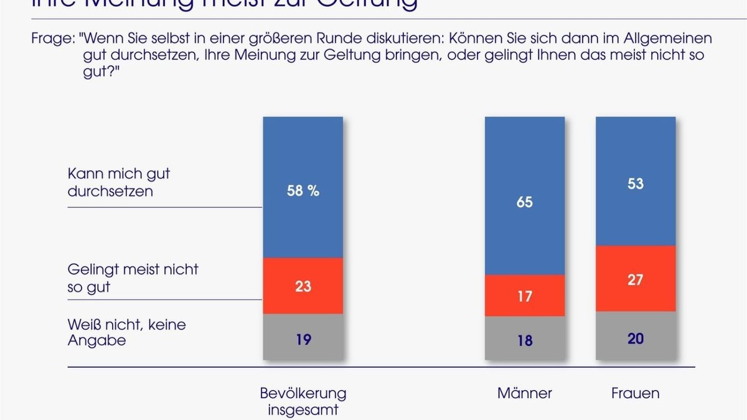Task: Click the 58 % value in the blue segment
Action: tap(303, 191)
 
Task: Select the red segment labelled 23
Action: tap(303, 287)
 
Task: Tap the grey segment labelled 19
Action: tap(303, 339)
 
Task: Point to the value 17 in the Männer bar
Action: tap(525, 296)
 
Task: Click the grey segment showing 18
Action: tap(525, 340)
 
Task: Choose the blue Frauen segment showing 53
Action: tap(635, 184)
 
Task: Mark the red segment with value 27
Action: tap(635, 279)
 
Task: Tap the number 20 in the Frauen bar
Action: tap(635, 338)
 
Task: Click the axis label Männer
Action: tap(525, 393)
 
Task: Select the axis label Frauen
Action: tap(635, 393)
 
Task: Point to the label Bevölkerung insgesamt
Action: tap(303, 401)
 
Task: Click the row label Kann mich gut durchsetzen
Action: tap(118, 182)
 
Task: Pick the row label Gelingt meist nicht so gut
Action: tap(133, 278)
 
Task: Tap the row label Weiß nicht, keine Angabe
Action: tap(126, 332)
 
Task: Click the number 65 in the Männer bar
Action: tap(525, 202)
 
